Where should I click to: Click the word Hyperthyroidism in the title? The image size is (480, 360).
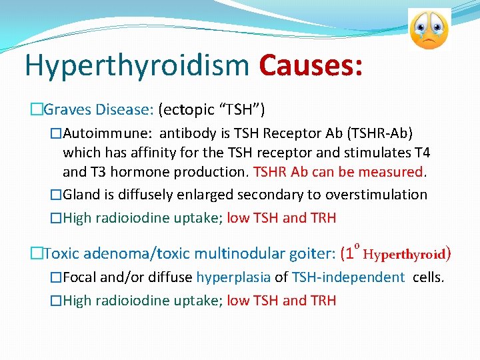point(137,67)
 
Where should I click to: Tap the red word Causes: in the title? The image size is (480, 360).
point(311,65)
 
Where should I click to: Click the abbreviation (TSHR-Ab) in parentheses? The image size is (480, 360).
point(379,132)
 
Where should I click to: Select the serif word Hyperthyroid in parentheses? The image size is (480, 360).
point(407,254)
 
